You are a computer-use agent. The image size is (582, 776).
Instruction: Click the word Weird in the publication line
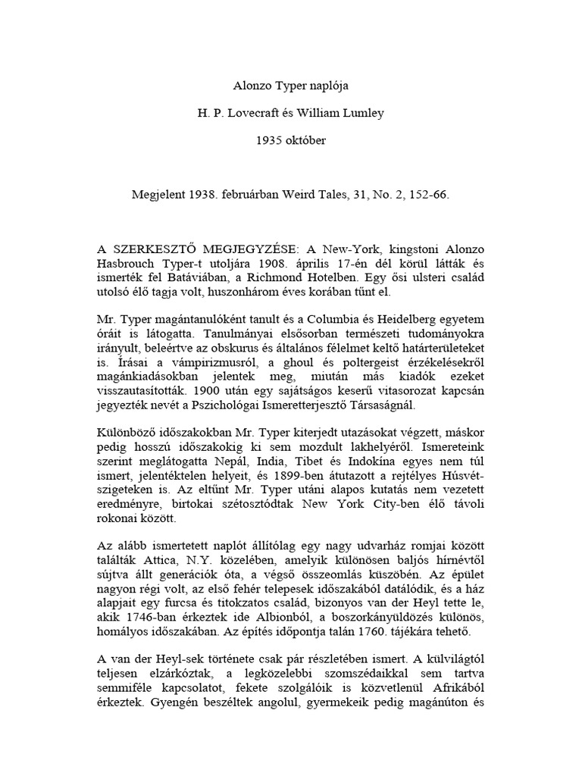[x=308, y=195]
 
